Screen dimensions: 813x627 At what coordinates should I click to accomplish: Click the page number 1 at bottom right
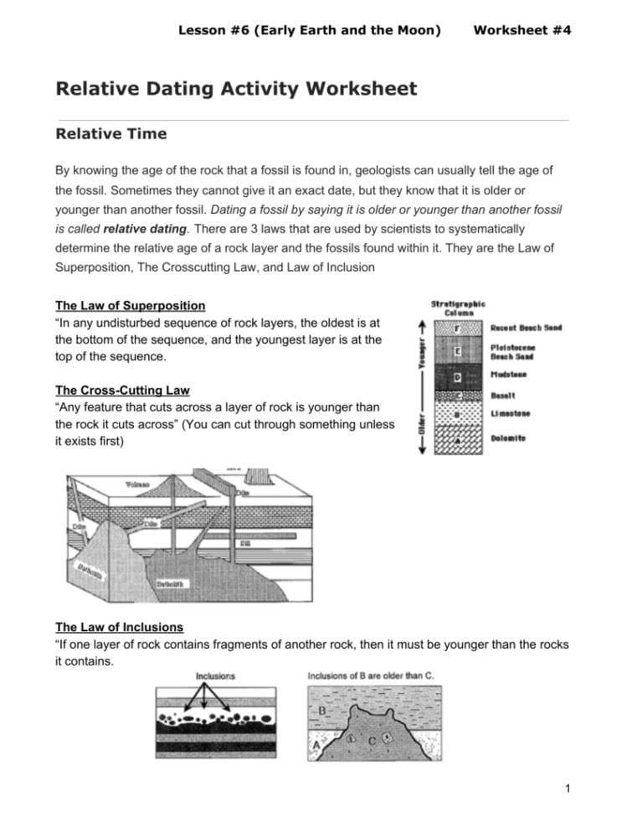pyautogui.click(x=568, y=788)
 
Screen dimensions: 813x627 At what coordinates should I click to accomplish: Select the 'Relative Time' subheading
pyautogui.click(x=110, y=133)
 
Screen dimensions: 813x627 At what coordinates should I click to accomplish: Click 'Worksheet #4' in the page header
pyautogui.click(x=522, y=30)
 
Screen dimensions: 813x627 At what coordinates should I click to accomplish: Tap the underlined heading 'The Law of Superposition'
pyautogui.click(x=130, y=305)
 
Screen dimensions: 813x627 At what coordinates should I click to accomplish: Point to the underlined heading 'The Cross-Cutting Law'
pyautogui.click(x=122, y=390)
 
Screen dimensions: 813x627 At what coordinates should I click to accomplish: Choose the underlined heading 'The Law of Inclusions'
pyautogui.click(x=119, y=627)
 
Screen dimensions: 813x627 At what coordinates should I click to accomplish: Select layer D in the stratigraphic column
pyautogui.click(x=457, y=377)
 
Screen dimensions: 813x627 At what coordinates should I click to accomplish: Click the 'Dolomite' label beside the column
pyautogui.click(x=508, y=438)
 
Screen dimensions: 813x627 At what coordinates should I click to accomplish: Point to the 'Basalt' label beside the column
pyautogui.click(x=502, y=395)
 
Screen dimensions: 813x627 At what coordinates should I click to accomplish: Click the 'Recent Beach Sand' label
pyautogui.click(x=526, y=328)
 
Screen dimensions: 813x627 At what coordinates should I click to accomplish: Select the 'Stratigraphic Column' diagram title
pyautogui.click(x=458, y=308)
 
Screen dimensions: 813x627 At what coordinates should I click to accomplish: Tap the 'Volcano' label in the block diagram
pyautogui.click(x=136, y=484)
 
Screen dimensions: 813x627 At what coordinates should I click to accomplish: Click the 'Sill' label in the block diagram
pyautogui.click(x=246, y=543)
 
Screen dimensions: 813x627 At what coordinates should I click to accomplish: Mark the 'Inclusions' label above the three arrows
pyautogui.click(x=215, y=676)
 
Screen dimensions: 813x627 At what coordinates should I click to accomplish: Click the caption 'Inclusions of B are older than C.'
pyautogui.click(x=370, y=676)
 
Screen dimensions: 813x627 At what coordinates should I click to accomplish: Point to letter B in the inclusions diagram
pyautogui.click(x=322, y=712)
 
